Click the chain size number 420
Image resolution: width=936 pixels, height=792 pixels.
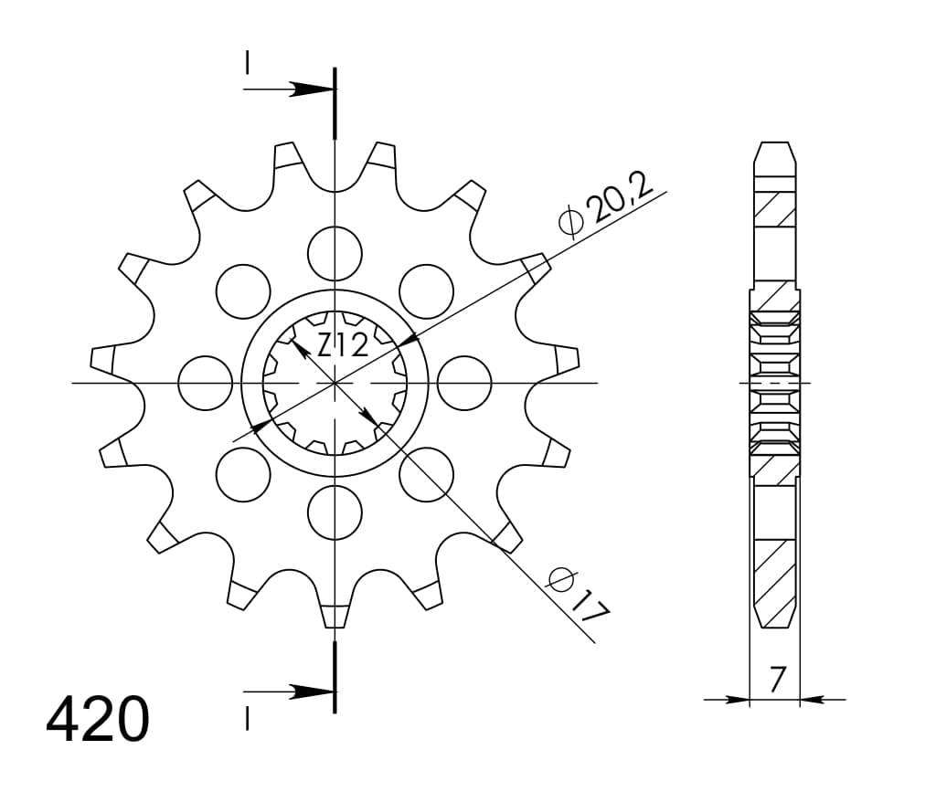(x=98, y=720)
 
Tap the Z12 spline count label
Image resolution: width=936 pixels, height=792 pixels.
(x=343, y=345)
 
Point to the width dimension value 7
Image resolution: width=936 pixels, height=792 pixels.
(x=776, y=680)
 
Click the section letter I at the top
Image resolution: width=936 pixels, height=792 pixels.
(x=247, y=62)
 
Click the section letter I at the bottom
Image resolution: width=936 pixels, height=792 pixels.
(x=247, y=720)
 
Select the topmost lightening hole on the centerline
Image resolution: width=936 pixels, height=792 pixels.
(x=335, y=253)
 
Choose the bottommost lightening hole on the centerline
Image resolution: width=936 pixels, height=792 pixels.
(x=335, y=512)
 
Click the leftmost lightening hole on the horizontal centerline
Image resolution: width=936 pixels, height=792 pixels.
(x=206, y=383)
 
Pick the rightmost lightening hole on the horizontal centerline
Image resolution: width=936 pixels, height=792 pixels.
(x=464, y=383)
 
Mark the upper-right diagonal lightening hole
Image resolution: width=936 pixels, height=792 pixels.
(x=426, y=291)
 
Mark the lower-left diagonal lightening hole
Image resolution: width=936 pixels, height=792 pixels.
(x=243, y=474)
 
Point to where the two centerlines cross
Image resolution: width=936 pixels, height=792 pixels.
(x=335, y=383)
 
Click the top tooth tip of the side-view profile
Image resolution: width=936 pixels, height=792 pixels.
(x=774, y=146)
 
